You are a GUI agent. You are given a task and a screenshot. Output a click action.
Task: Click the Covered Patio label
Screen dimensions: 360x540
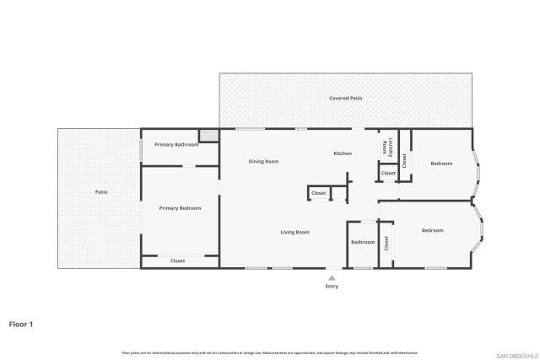pos(346,99)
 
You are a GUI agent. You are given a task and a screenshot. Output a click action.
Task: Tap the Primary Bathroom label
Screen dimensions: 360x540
pos(176,145)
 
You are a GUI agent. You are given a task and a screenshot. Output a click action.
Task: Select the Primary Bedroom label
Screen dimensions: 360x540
pos(180,207)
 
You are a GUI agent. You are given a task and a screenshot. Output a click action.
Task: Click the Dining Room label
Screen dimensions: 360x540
pos(263,161)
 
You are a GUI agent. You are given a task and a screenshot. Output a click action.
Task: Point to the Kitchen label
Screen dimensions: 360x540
pos(343,153)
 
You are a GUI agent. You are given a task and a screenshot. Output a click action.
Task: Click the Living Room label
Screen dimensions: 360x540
pos(295,232)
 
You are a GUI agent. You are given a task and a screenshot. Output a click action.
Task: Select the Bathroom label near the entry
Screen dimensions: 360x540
pos(363,243)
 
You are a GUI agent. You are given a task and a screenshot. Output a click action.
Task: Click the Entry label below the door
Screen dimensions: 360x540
pos(332,287)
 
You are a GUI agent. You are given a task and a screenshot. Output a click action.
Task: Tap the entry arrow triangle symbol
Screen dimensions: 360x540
pos(332,276)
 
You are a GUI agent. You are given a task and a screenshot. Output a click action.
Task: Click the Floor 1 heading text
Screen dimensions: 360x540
pos(21,323)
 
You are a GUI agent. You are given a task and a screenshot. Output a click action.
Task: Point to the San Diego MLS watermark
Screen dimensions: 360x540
pos(516,355)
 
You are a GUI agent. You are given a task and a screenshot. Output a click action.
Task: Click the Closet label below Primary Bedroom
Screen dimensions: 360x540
pos(178,261)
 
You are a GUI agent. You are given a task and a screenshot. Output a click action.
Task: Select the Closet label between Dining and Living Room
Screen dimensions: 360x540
pos(319,193)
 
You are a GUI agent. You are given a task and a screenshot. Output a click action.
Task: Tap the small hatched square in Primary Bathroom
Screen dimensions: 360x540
pos(208,135)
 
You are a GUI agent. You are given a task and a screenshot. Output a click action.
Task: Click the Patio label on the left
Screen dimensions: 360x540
pos(100,192)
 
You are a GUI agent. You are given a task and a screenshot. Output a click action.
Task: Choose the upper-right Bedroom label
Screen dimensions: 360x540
pos(441,163)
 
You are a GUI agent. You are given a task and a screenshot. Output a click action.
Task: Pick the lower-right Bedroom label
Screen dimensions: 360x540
pos(432,230)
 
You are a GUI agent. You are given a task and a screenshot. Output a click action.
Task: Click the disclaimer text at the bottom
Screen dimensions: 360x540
pos(270,352)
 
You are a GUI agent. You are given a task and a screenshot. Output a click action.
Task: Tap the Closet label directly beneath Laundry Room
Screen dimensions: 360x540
pos(388,173)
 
